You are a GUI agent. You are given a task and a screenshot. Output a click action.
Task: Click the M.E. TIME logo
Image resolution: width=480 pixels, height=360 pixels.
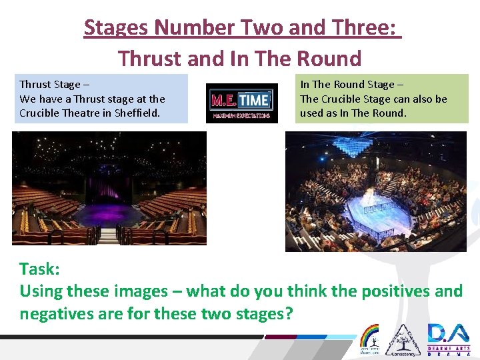(241, 103)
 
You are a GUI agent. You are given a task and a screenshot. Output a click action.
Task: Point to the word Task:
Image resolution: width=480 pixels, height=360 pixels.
(40, 269)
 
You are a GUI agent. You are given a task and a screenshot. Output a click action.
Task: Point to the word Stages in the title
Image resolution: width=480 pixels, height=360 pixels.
(116, 28)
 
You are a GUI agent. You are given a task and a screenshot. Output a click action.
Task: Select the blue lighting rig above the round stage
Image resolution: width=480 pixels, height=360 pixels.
(373, 143)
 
